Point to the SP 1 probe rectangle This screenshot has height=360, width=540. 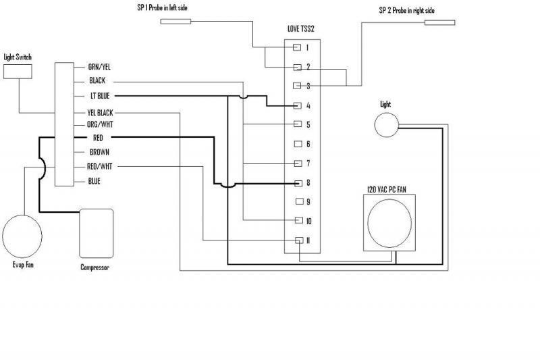(x=175, y=22)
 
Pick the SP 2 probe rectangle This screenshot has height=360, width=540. (x=440, y=22)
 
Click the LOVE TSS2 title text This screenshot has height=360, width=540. (x=301, y=28)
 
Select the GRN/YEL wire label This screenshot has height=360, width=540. (x=99, y=67)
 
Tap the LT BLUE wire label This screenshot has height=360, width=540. (x=100, y=96)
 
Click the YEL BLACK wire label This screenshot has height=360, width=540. (x=100, y=113)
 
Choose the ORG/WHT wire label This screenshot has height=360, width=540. (x=100, y=124)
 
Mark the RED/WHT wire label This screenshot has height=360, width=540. (x=99, y=166)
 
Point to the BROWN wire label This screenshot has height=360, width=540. (x=99, y=152)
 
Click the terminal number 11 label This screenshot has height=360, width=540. (x=308, y=240)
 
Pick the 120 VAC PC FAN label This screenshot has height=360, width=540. (x=387, y=190)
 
